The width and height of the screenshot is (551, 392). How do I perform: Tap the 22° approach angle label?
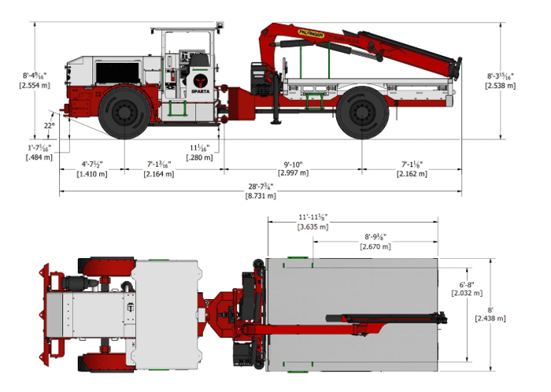(50, 126)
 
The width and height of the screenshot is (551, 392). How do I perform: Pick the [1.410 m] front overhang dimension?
(92, 173)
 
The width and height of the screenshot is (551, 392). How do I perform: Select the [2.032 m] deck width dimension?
(462, 293)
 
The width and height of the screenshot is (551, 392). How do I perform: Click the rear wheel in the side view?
(361, 114)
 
